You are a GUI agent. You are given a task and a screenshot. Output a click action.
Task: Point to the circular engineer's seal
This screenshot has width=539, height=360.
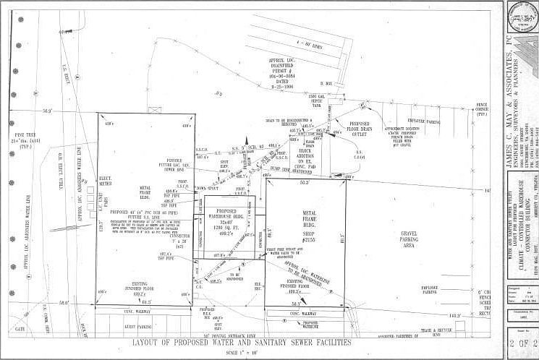point(521,16)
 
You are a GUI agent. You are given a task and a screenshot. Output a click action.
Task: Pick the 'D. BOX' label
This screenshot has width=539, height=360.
point(326,85)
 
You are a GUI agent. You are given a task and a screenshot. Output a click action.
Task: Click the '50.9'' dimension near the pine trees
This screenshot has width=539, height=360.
point(47,111)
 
